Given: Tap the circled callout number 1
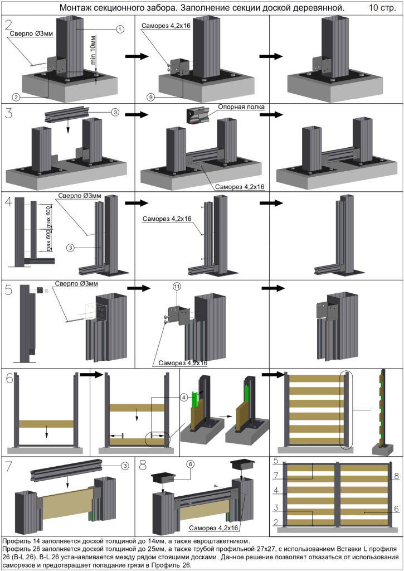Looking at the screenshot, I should [120, 29].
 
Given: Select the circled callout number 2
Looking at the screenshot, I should [16, 97].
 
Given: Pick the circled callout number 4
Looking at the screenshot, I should [183, 398].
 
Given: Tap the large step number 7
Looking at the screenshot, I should [8, 466].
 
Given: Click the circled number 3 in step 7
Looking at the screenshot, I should [125, 466].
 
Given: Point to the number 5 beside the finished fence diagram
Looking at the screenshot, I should [276, 462].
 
